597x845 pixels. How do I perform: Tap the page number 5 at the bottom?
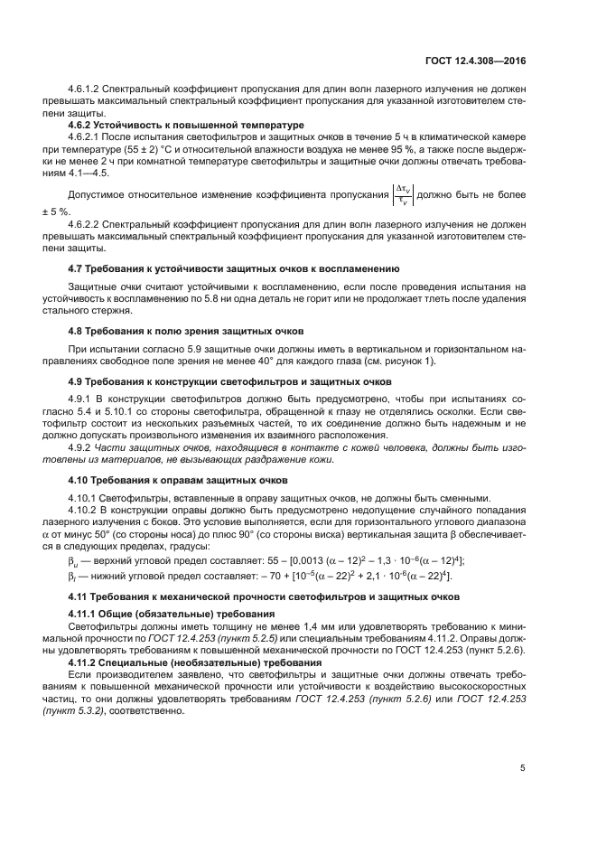(x=522, y=768)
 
